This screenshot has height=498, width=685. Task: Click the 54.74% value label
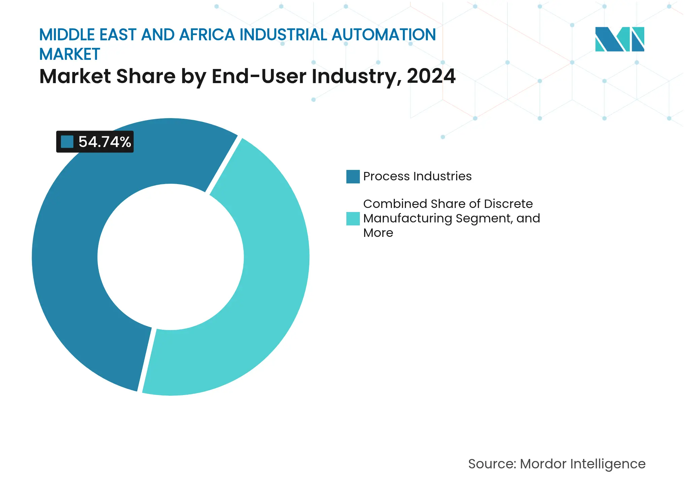click(x=104, y=142)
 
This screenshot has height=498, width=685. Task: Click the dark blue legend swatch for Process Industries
click(x=353, y=177)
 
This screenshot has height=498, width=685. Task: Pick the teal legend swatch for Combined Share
click(x=353, y=219)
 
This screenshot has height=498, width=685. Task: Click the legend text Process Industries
click(x=417, y=176)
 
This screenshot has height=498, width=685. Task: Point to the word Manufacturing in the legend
click(x=407, y=218)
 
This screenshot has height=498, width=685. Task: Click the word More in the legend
click(x=378, y=233)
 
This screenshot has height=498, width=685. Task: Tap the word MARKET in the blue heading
click(x=70, y=54)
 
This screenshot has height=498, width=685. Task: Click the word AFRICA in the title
click(x=207, y=35)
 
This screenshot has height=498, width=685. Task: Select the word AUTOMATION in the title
click(x=383, y=35)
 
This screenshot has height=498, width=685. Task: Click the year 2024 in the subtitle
click(x=431, y=76)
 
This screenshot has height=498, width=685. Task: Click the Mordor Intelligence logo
click(x=619, y=39)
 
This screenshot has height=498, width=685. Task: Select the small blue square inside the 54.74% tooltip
click(x=67, y=142)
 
